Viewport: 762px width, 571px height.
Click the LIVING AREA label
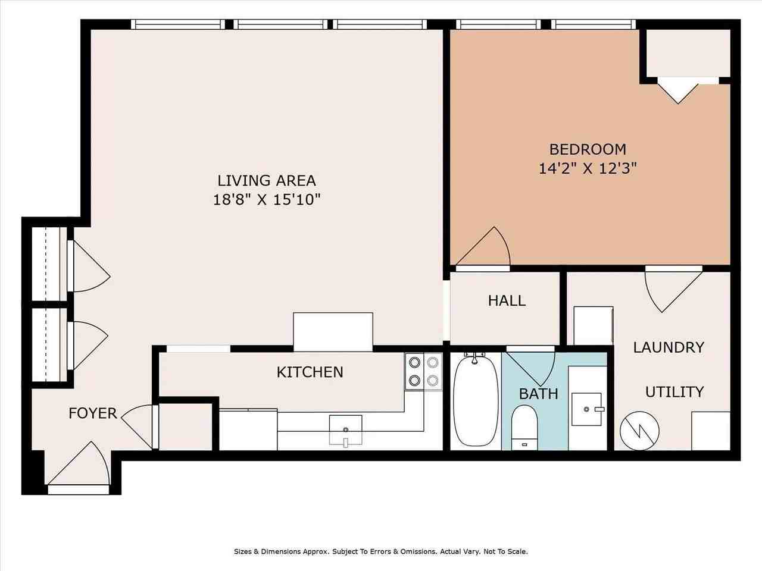click(x=266, y=180)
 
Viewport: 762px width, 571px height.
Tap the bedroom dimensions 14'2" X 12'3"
click(x=588, y=168)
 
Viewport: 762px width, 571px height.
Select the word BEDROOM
click(x=588, y=149)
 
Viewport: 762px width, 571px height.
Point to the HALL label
click(x=507, y=300)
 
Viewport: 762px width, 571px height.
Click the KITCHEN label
click(x=310, y=372)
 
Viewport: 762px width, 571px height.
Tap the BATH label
click(x=538, y=393)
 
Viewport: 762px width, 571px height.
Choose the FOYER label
click(x=92, y=413)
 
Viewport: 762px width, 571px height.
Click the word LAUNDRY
click(x=669, y=347)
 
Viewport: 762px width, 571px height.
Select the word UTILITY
click(x=674, y=391)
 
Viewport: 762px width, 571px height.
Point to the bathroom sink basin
click(x=587, y=409)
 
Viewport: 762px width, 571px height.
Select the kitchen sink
click(x=345, y=429)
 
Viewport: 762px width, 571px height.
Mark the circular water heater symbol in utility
click(x=639, y=430)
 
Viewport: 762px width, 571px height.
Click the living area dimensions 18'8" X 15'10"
click(x=266, y=199)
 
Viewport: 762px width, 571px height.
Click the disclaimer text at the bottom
click(x=380, y=551)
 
